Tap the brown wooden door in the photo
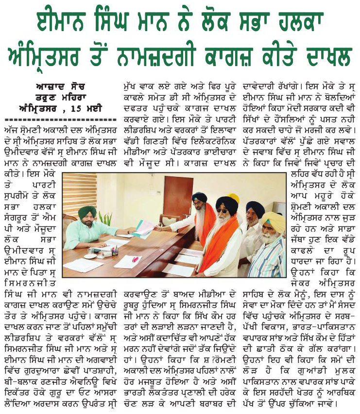pos(178,196)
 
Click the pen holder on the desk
pos(114,251)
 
